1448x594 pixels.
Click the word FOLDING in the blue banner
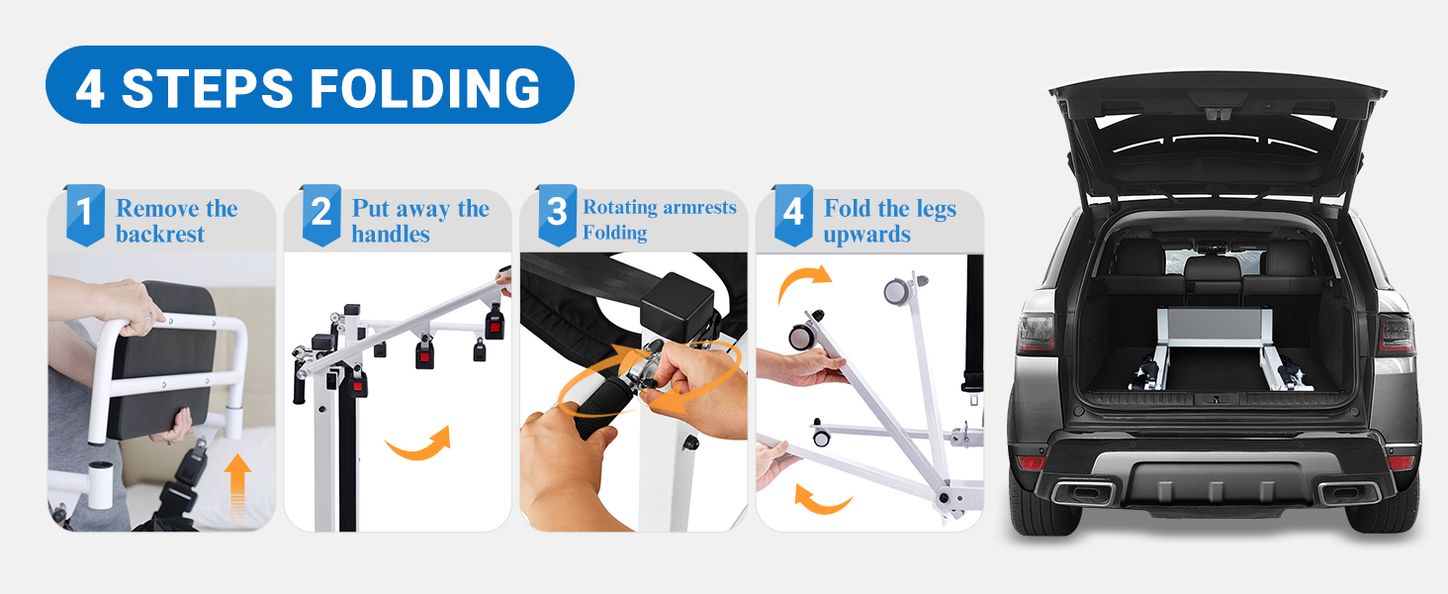(x=425, y=88)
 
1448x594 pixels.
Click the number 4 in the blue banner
(x=90, y=89)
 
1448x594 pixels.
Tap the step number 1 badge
(x=85, y=215)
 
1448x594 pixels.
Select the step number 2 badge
(x=321, y=215)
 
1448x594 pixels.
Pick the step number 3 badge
(x=557, y=215)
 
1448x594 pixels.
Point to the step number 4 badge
(x=793, y=215)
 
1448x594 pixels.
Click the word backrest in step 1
(x=160, y=234)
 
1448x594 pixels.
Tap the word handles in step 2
(x=391, y=234)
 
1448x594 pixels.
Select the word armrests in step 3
(x=699, y=207)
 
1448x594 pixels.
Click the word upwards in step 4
(x=866, y=235)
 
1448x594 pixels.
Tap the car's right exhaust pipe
(x=1348, y=494)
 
